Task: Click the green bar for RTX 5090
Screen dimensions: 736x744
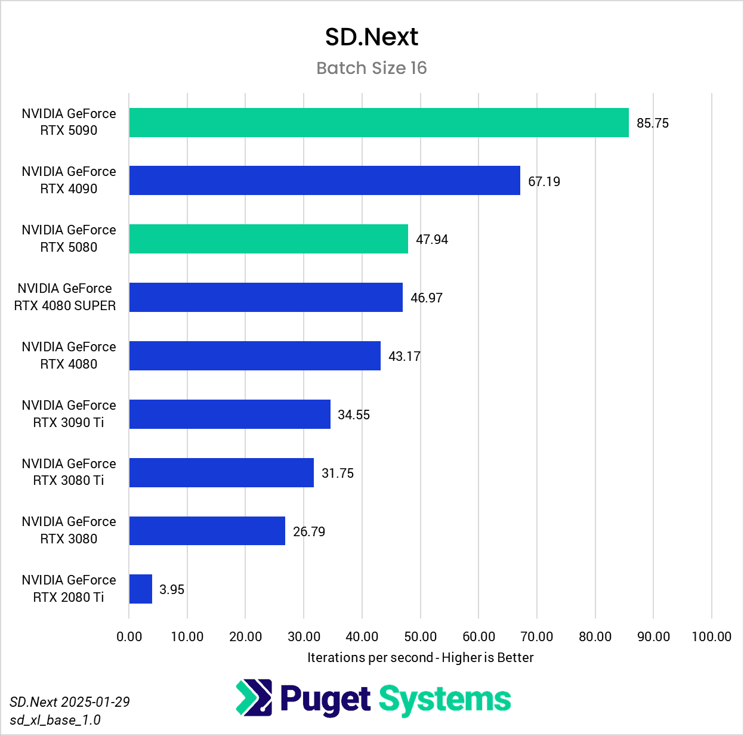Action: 379,123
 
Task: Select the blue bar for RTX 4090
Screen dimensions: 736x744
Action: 325,181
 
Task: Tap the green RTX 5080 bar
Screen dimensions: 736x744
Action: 268,239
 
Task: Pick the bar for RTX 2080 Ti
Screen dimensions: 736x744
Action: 141,589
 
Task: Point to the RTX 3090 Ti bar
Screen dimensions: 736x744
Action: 230,415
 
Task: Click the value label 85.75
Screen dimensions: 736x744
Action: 653,123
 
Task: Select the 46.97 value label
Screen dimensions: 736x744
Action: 427,298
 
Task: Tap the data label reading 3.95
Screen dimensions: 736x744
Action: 172,590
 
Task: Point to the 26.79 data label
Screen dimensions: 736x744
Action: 309,532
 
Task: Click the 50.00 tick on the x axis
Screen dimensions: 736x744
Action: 421,637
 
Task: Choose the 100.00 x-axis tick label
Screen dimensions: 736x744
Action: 711,637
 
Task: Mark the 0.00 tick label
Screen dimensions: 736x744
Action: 129,637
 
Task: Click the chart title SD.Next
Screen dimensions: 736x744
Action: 372,37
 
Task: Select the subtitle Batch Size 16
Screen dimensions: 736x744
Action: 372,69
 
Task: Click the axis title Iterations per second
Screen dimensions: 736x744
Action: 420,658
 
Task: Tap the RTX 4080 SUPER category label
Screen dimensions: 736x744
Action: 65,297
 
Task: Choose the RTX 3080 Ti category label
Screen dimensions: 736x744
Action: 69,472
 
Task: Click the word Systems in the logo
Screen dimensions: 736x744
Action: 444,700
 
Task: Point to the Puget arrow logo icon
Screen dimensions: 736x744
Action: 254,697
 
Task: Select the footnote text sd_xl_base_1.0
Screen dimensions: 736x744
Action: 55,720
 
